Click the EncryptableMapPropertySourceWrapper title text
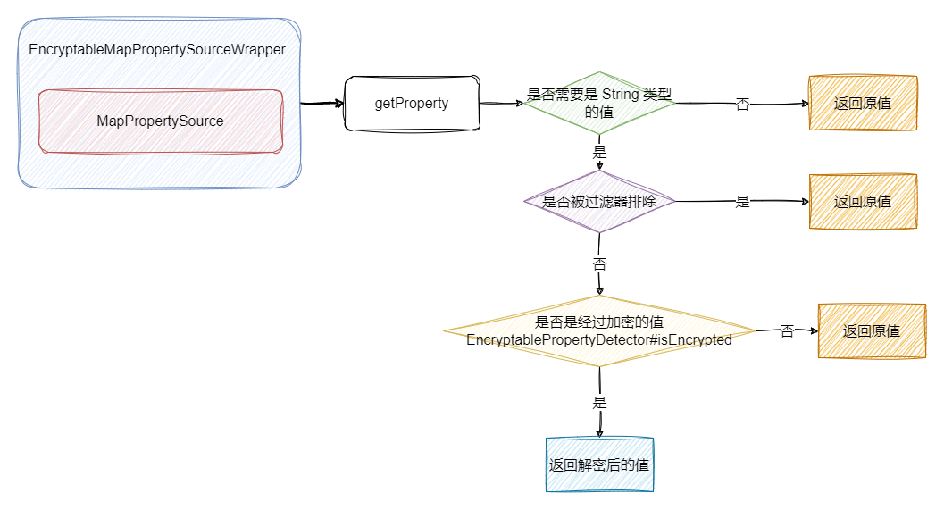[x=157, y=50]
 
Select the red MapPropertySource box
[x=160, y=121]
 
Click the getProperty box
[x=411, y=104]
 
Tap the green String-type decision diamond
[x=599, y=103]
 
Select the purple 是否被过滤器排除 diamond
[x=599, y=202]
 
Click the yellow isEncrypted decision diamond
[x=599, y=331]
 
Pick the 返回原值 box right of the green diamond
[x=862, y=104]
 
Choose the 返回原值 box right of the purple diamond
[x=862, y=202]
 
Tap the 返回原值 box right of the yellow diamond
[x=871, y=331]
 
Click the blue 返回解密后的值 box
[x=599, y=465]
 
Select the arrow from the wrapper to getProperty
[x=322, y=104]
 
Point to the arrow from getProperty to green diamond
[x=501, y=104]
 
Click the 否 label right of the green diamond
[x=742, y=105]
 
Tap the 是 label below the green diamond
[x=599, y=153]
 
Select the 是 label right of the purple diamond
[x=742, y=202]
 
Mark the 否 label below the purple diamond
[x=599, y=264]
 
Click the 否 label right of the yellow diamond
[x=787, y=331]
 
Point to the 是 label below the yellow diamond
[x=599, y=403]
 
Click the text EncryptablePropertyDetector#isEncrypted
[x=599, y=340]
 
